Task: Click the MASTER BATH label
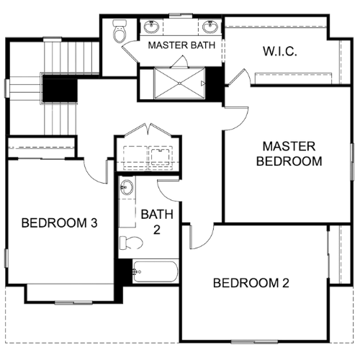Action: [x=181, y=45]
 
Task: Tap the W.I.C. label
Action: [x=280, y=51]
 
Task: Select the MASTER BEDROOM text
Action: [x=289, y=154]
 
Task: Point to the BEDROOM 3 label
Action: [x=59, y=223]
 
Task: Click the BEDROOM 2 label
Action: [x=251, y=283]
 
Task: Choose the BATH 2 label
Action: [x=157, y=222]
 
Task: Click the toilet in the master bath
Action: [x=120, y=31]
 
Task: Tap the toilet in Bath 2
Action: [x=131, y=243]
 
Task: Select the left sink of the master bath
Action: [x=151, y=27]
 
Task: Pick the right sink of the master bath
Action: [x=210, y=27]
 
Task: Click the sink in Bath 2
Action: [x=127, y=187]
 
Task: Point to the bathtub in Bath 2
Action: [x=156, y=271]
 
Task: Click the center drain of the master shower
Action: [x=179, y=84]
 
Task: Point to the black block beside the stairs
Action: [x=60, y=90]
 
